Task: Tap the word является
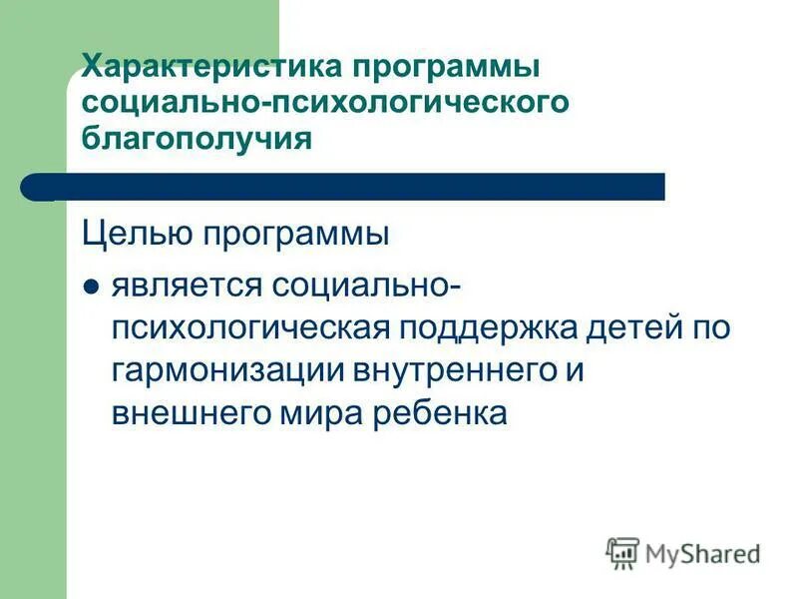coord(185,287)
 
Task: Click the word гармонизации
coord(225,370)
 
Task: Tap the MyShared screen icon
coord(622,552)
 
